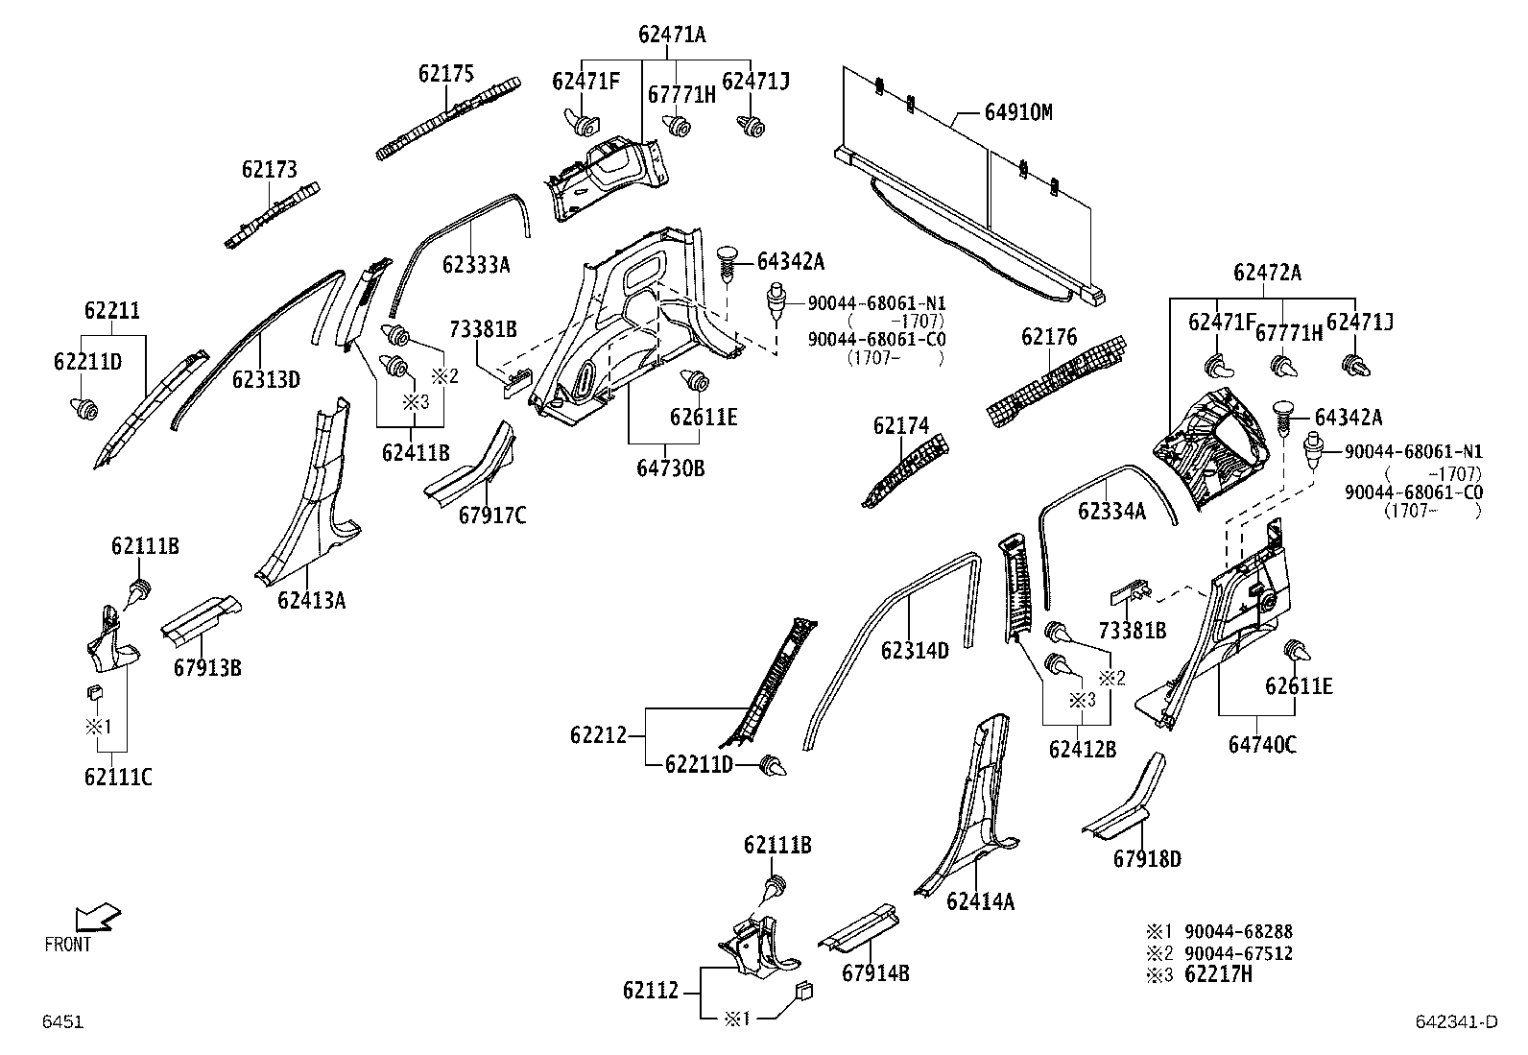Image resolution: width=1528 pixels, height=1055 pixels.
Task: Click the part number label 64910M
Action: tap(1017, 113)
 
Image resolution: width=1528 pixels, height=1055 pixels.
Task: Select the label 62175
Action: tap(445, 73)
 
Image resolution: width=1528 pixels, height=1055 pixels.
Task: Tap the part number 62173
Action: tap(269, 170)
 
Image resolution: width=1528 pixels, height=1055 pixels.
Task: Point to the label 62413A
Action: tap(311, 601)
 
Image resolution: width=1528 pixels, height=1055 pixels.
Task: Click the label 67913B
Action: tap(207, 667)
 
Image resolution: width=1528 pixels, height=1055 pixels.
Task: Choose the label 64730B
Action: tap(670, 468)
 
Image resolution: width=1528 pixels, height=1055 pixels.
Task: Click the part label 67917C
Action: tap(492, 516)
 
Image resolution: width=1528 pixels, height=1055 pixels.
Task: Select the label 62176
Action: tap(1049, 337)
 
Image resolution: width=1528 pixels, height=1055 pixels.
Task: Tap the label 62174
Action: tap(901, 425)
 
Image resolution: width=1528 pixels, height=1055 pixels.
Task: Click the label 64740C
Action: tap(1262, 744)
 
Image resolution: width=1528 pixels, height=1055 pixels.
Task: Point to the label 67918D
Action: tap(1147, 858)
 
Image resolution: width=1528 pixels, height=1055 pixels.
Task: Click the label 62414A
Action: tap(980, 901)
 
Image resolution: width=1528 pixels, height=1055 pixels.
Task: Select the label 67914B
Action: tap(875, 973)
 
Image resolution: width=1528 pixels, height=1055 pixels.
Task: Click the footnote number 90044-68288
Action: tap(1237, 931)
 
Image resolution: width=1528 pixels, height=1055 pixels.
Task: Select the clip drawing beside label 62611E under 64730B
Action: tap(695, 381)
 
